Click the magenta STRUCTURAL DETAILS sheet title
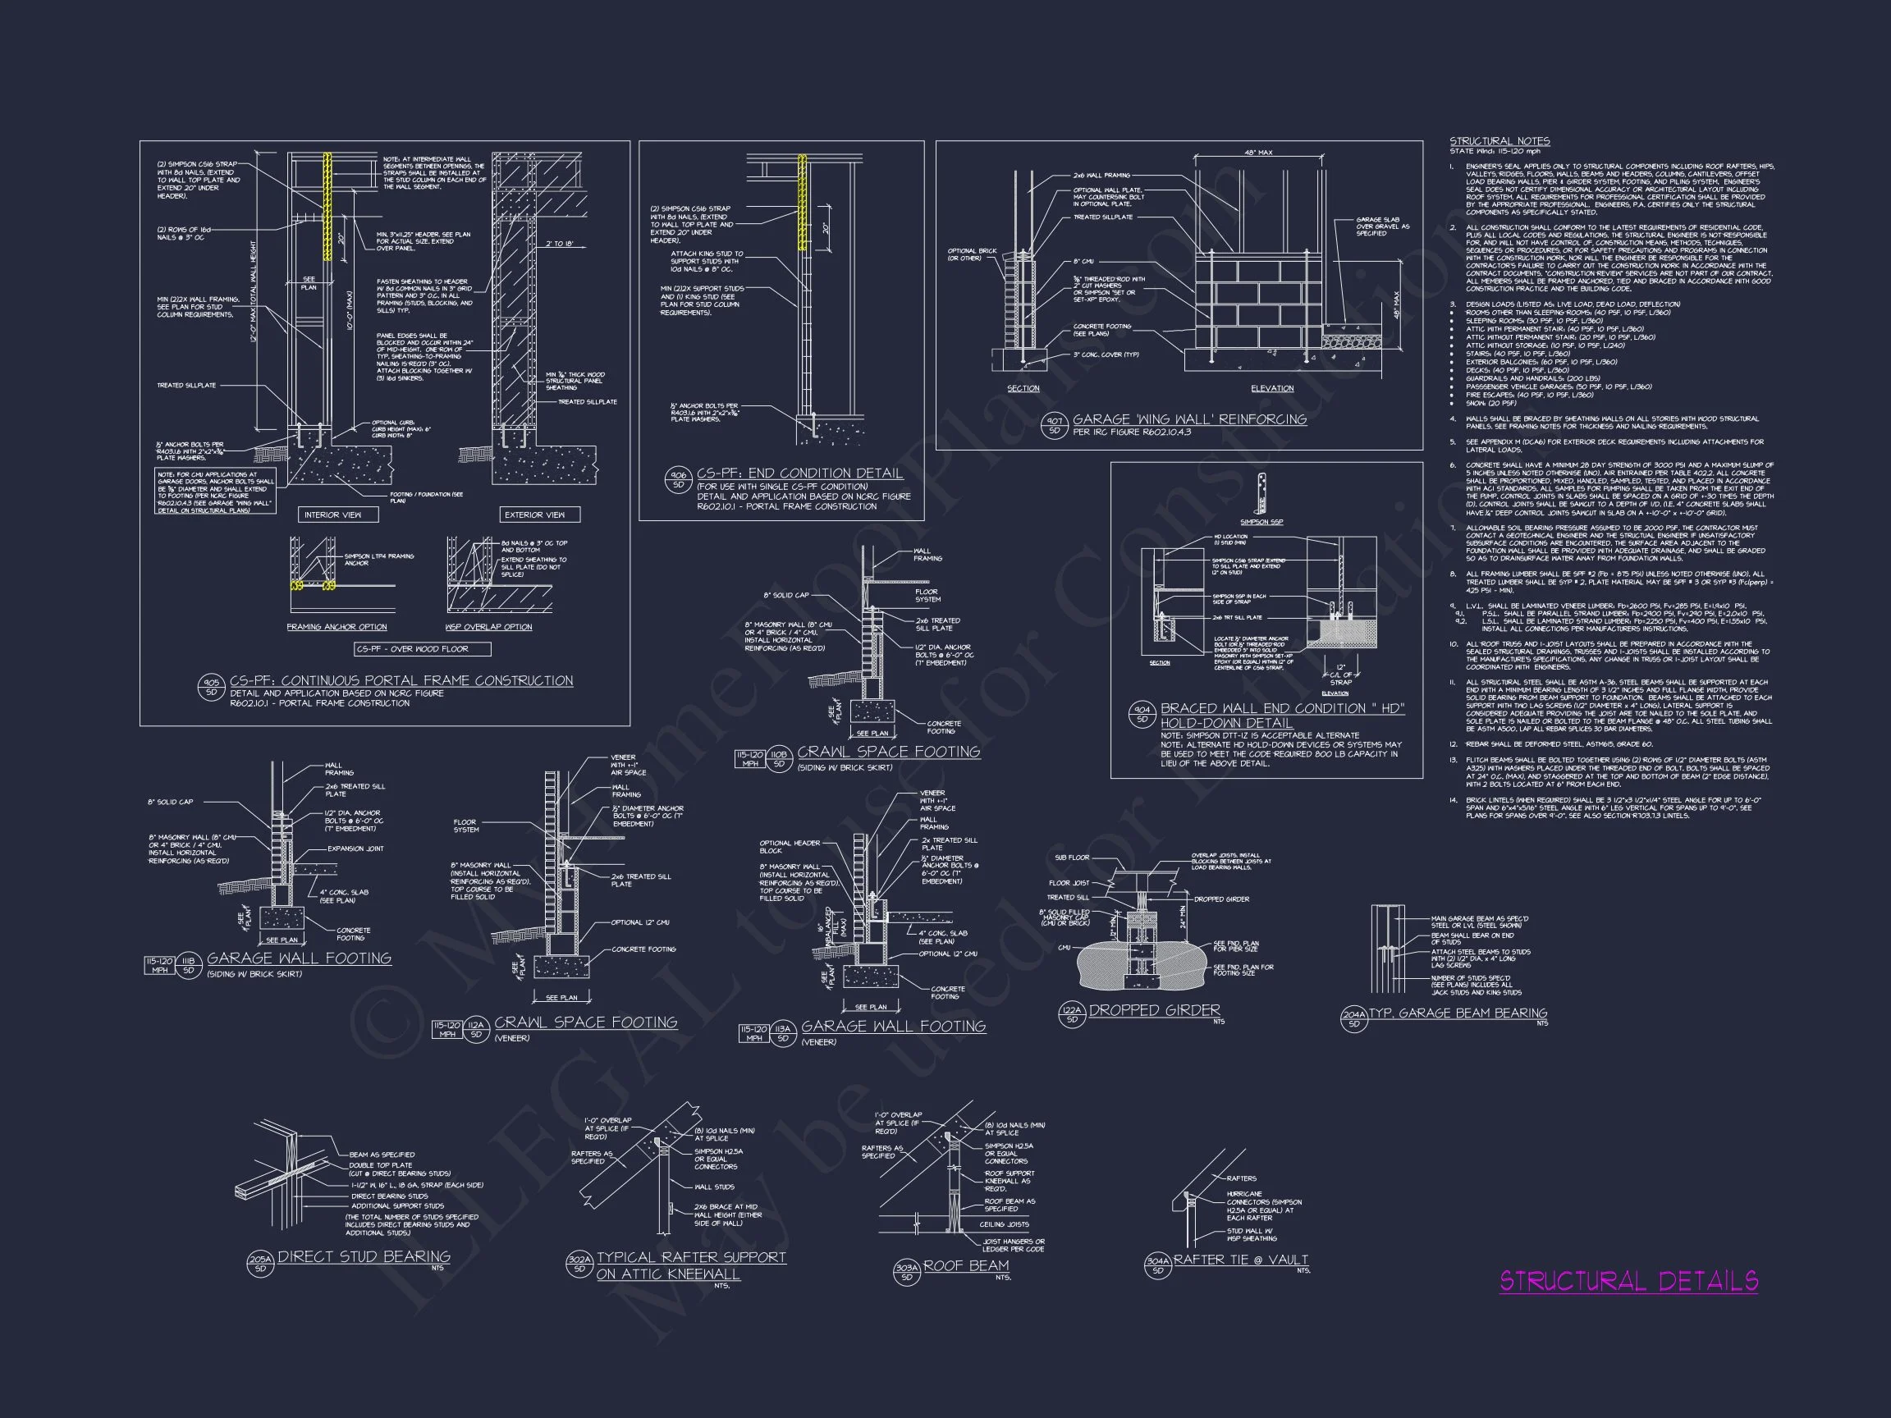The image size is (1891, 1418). click(1628, 1280)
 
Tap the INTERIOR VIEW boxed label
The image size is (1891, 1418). click(332, 515)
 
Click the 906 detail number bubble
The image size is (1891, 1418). click(680, 479)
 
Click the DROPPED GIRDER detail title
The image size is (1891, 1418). click(1154, 1010)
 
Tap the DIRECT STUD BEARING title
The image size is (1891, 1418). click(364, 1256)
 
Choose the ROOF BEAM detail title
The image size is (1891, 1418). click(966, 1266)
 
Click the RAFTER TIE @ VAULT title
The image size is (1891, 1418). click(1240, 1260)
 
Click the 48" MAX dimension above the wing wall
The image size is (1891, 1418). click(1257, 152)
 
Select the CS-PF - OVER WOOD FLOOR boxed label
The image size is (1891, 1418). click(424, 649)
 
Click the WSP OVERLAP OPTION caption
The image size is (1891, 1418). click(488, 628)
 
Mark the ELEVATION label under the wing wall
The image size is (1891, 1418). click(1272, 388)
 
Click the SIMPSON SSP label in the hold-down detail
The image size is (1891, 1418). click(1261, 522)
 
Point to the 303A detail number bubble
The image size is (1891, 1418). click(907, 1272)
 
